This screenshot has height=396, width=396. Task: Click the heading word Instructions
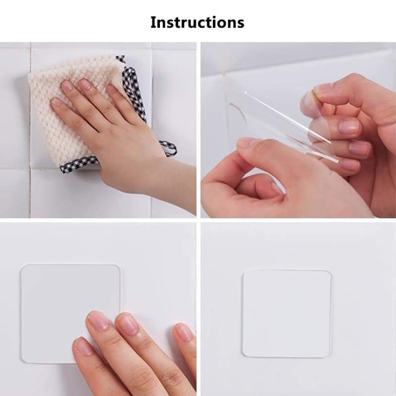tap(197, 22)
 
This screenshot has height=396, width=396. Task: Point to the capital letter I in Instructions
tap(153, 22)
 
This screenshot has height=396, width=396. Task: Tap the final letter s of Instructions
tap(240, 24)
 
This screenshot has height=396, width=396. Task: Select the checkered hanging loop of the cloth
tap(168, 148)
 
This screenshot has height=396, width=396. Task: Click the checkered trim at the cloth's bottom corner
tap(78, 164)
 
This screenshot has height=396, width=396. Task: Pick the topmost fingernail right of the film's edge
tap(348, 127)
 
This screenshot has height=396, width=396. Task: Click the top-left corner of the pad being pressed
tap(23, 266)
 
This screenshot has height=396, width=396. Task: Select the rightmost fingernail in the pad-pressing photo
tap(184, 332)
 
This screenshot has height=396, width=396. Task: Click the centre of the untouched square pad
tap(287, 313)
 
